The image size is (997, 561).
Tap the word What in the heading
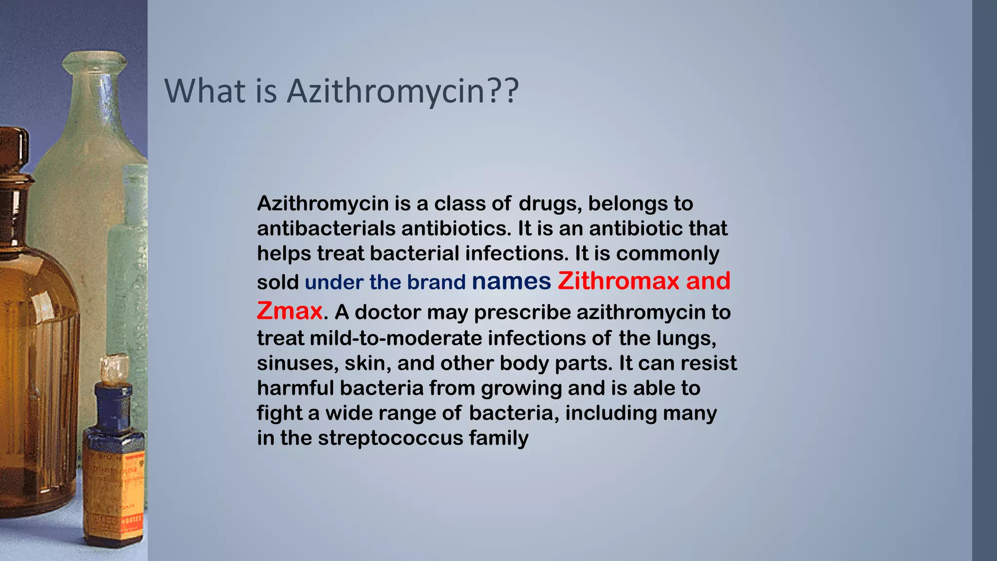coord(206,91)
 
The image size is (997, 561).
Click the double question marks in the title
coord(502,91)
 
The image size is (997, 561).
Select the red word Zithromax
coord(618,281)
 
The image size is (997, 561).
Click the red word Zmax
coord(289,311)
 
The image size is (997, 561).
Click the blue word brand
coord(436,282)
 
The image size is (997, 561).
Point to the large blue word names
coord(511,281)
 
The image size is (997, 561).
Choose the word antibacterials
coord(326,228)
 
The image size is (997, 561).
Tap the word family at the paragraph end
coord(498,438)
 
